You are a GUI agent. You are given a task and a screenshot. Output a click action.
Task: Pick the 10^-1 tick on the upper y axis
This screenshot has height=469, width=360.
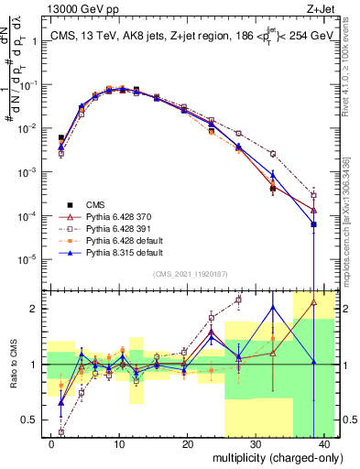27,85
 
